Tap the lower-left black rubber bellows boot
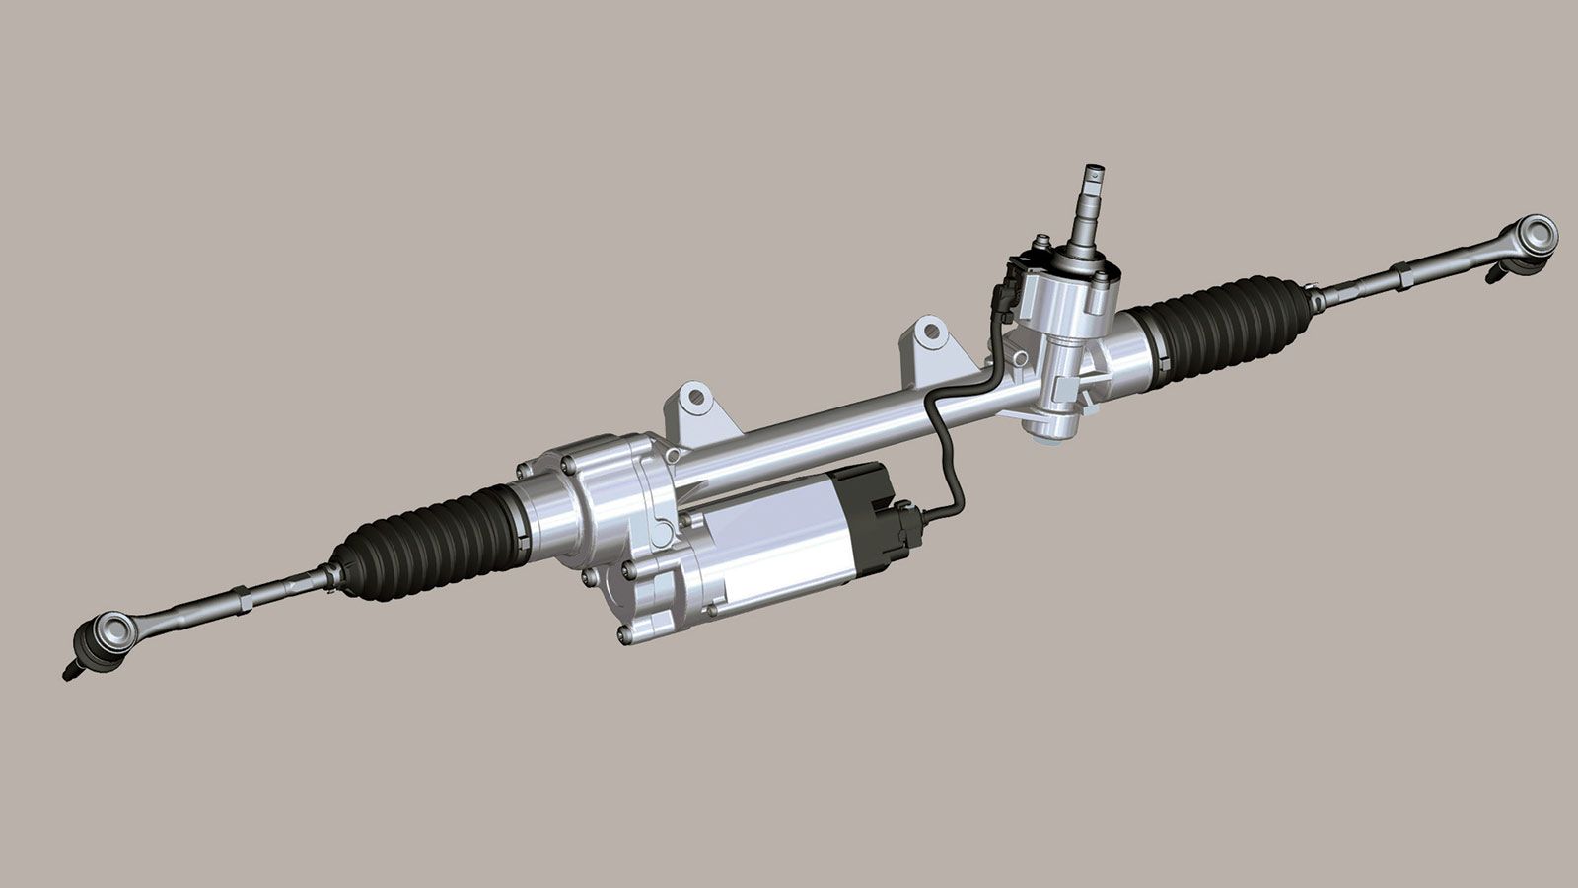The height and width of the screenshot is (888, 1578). [x=424, y=543]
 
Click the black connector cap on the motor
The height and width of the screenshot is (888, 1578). [x=868, y=513]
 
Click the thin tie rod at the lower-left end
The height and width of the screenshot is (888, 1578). [x=197, y=607]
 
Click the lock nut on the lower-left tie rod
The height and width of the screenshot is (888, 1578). [x=242, y=594]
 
